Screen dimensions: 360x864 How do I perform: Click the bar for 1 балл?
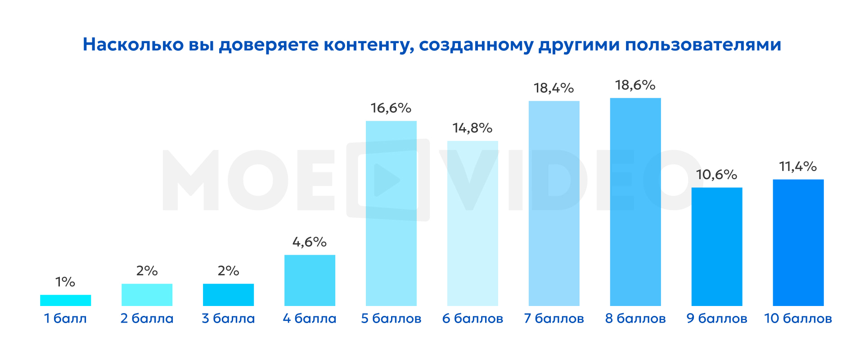(x=65, y=300)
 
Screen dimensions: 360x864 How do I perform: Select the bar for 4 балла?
(x=310, y=280)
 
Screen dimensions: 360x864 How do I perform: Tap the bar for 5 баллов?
(x=391, y=213)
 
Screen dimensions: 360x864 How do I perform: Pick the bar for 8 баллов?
(x=635, y=202)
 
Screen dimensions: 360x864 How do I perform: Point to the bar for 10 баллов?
(x=798, y=243)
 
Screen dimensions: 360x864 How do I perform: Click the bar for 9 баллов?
(x=717, y=247)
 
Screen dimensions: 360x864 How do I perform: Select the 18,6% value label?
(x=635, y=85)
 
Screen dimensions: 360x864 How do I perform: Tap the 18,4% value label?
(x=553, y=88)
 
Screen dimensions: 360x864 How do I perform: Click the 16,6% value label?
(x=391, y=108)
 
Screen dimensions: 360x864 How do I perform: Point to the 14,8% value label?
(x=472, y=128)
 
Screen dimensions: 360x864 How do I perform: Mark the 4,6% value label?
(x=310, y=242)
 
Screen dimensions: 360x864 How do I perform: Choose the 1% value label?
(x=65, y=282)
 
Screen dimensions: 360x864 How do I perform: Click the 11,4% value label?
(x=798, y=166)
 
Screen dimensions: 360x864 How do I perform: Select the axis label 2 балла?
(x=147, y=319)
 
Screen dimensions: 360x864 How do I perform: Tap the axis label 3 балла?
(x=228, y=319)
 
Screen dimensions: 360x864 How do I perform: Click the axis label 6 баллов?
(x=472, y=319)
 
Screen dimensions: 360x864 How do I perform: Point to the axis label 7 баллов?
(x=554, y=319)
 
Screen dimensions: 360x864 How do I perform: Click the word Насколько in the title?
(x=133, y=45)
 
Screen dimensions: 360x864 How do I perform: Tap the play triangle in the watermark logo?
(x=386, y=180)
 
